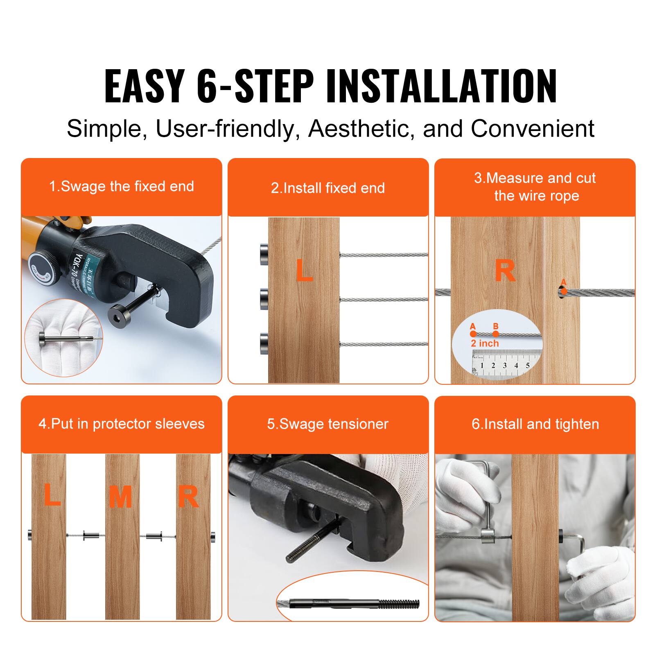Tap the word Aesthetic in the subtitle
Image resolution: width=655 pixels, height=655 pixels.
pos(359,129)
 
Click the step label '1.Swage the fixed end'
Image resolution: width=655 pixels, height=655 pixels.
pos(122,187)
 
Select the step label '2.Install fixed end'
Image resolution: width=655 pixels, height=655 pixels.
pos(328,188)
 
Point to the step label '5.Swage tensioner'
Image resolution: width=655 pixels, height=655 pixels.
pos(328,424)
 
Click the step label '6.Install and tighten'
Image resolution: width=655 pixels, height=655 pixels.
pos(535,424)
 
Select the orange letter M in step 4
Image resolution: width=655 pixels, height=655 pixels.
pos(120,497)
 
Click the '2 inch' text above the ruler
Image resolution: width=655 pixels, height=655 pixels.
pos(485,343)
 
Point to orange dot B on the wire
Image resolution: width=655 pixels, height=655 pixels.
pos(496,333)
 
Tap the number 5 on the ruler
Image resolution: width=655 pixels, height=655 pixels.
pos(528,366)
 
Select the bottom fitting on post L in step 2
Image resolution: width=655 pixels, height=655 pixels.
pos(264,344)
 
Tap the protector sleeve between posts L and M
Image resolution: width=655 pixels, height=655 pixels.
pos(91,535)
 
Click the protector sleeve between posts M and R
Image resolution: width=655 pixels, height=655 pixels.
pos(154,535)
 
